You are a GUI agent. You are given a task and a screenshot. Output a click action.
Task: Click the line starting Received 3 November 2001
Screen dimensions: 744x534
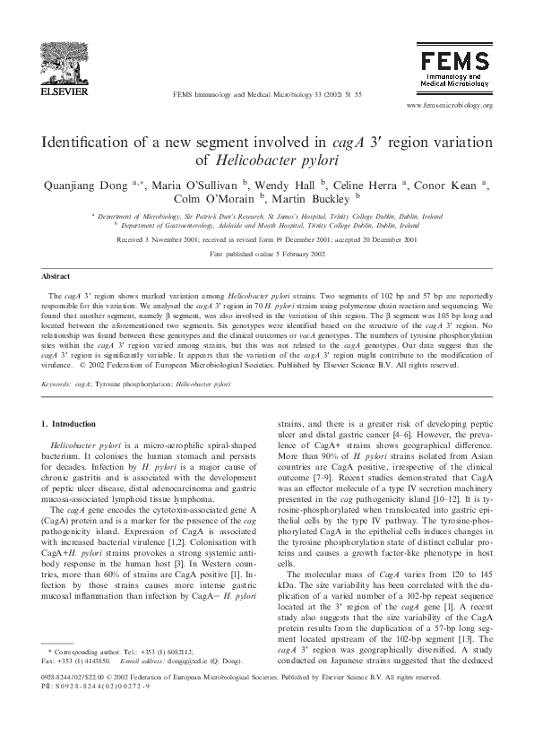266,240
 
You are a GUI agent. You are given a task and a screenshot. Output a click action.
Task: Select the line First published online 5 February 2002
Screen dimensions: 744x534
266,254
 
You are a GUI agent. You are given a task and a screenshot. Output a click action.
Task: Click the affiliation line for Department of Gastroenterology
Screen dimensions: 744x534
266,226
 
